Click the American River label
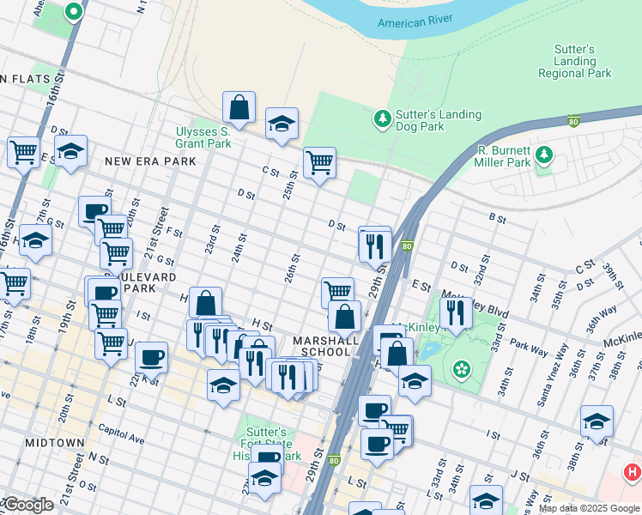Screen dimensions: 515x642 point(415,23)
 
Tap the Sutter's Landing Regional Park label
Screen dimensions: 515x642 point(574,62)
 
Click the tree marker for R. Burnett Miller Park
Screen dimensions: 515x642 point(542,154)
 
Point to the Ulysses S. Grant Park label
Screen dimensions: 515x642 point(203,137)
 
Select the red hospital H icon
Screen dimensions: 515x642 point(633,471)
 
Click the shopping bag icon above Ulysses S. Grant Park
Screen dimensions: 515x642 point(239,107)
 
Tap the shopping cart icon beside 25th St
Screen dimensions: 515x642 point(319,161)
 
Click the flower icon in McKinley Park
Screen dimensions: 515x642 point(463,369)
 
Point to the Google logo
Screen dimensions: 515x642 point(27,506)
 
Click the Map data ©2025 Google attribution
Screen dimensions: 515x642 point(589,508)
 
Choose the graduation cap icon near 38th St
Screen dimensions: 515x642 point(597,421)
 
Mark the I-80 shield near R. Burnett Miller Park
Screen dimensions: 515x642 point(573,121)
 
